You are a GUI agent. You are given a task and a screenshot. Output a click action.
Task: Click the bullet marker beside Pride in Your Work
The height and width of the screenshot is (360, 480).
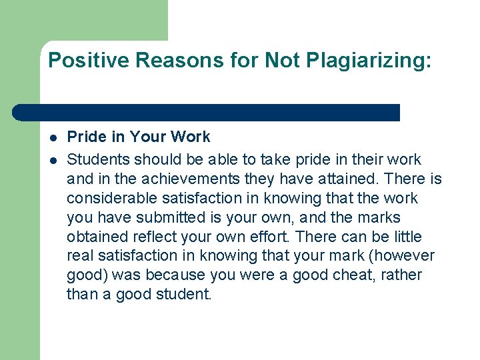[x=52, y=137]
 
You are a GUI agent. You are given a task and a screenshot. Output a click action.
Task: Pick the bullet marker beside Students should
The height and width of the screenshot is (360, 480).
[x=52, y=160]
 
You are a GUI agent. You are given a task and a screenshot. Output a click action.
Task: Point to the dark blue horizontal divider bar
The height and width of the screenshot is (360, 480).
[x=207, y=112]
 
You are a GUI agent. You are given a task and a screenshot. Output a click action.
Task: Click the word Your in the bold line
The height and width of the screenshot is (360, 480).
[x=149, y=137]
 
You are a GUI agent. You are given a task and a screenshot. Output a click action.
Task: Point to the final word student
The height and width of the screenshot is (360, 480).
[x=185, y=295]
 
